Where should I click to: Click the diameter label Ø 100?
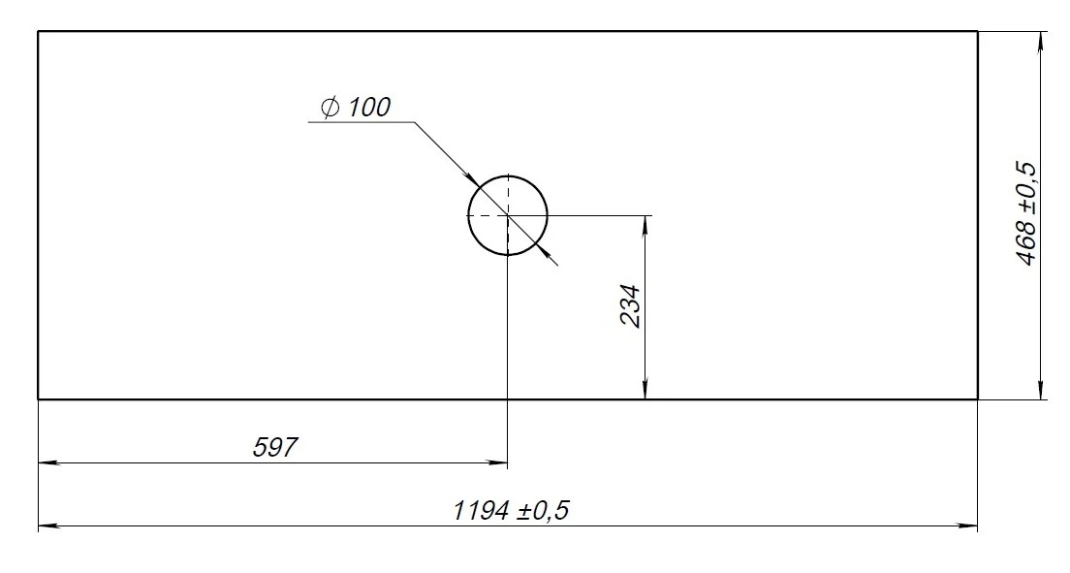(356, 108)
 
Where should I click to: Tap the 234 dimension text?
(631, 306)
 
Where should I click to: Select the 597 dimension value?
(275, 447)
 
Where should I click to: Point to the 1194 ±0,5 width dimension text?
(511, 510)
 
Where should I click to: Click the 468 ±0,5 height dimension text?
(1026, 213)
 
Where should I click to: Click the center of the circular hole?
(508, 215)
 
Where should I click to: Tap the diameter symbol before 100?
(330, 108)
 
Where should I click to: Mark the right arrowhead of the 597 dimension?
(497, 463)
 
